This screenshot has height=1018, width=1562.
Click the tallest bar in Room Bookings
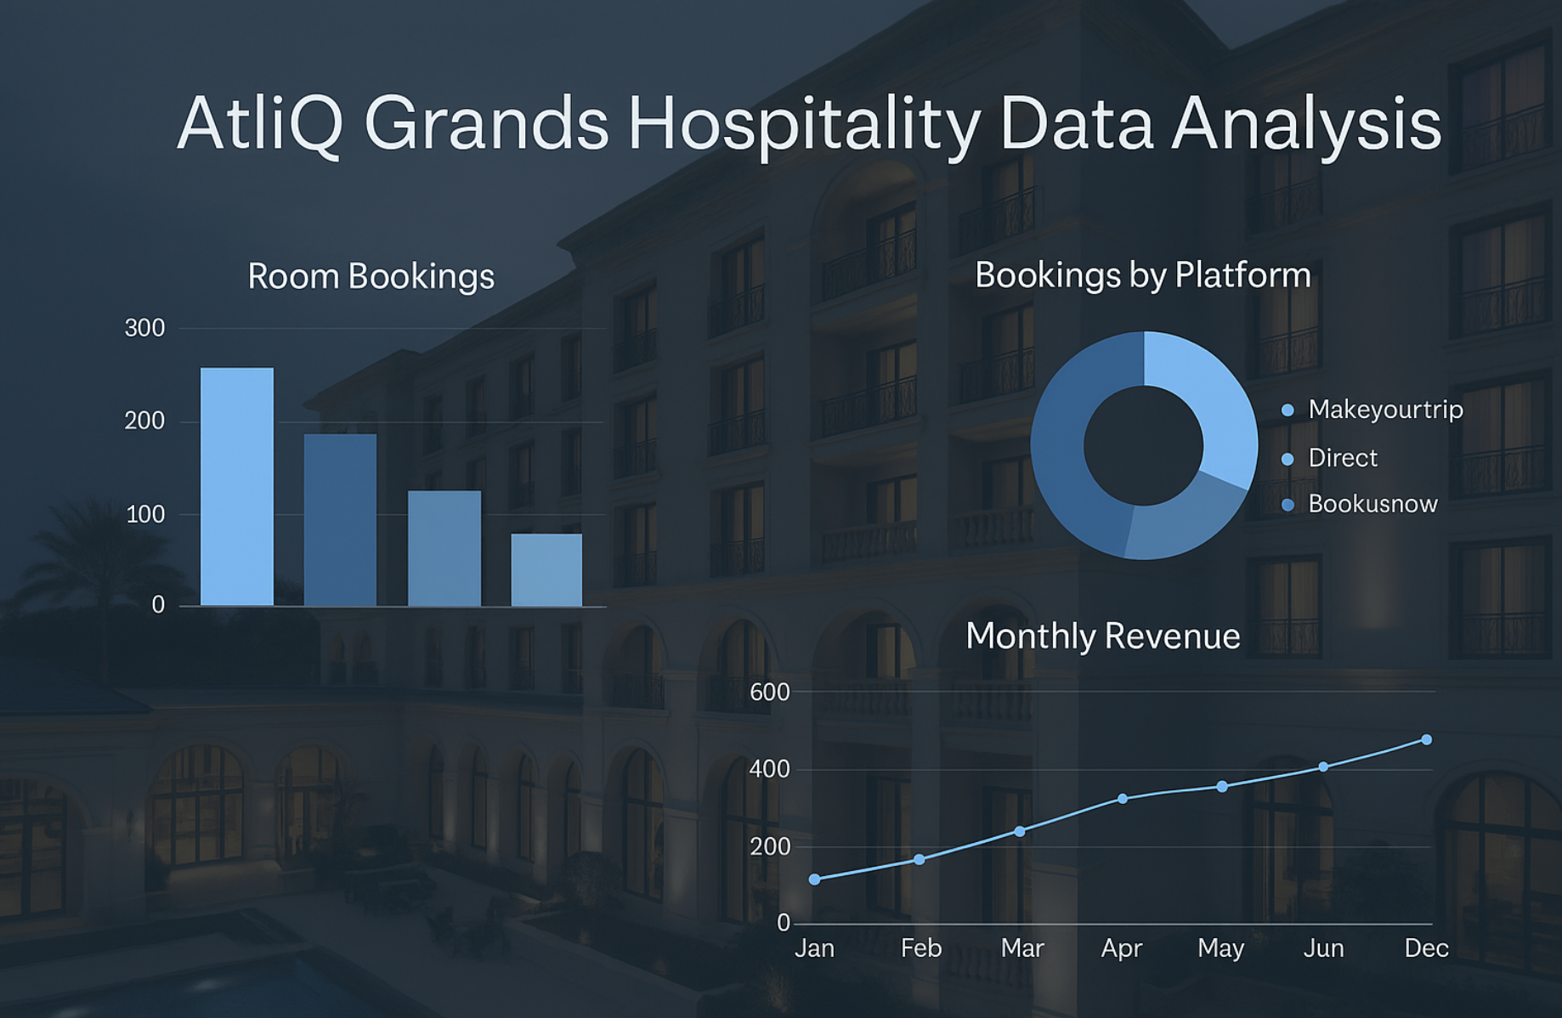pyautogui.click(x=237, y=486)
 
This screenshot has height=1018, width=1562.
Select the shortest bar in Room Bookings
pyautogui.click(x=546, y=569)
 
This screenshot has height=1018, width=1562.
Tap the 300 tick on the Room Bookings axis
pyautogui.click(x=144, y=328)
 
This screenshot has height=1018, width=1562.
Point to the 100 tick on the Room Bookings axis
pyautogui.click(x=144, y=514)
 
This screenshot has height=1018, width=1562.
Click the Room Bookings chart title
pyautogui.click(x=371, y=277)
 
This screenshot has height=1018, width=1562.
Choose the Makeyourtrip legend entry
pyautogui.click(x=1385, y=410)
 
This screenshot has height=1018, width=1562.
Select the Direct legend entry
pyautogui.click(x=1342, y=458)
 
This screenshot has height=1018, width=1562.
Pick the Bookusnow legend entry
pyautogui.click(x=1372, y=504)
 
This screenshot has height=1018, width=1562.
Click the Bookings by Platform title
pyautogui.click(x=1142, y=275)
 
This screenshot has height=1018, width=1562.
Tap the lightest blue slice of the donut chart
pyautogui.click(x=1207, y=391)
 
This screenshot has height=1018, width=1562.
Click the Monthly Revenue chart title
pyautogui.click(x=1102, y=636)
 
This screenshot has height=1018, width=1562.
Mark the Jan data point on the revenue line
pyautogui.click(x=815, y=879)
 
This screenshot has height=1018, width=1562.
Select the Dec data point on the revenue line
pyautogui.click(x=1426, y=740)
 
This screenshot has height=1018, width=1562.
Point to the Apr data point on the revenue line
pyautogui.click(x=1123, y=799)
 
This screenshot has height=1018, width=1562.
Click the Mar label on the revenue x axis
pyautogui.click(x=1022, y=948)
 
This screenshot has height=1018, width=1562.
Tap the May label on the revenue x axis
pyautogui.click(x=1220, y=948)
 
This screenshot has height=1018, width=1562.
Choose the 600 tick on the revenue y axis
pyautogui.click(x=769, y=693)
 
